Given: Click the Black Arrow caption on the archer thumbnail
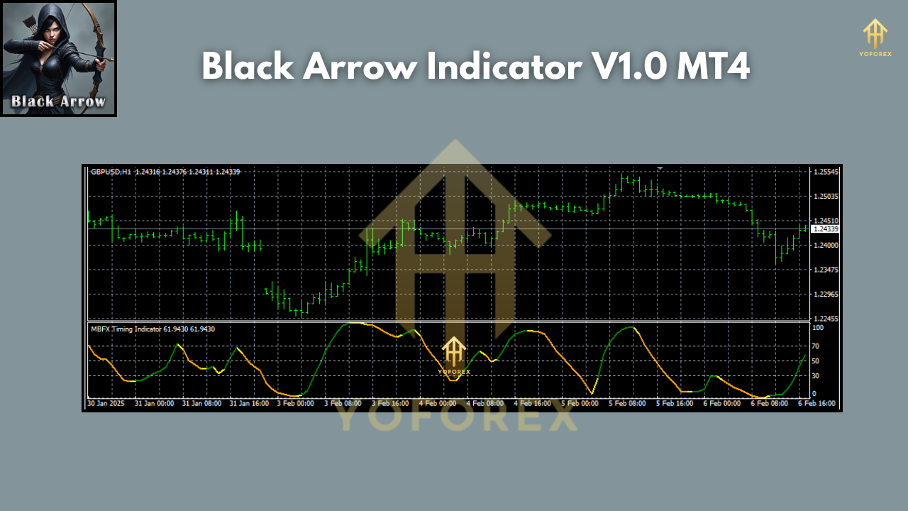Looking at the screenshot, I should (x=58, y=101).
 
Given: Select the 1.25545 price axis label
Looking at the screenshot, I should (x=826, y=172).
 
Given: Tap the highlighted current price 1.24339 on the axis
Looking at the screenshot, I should (x=826, y=229).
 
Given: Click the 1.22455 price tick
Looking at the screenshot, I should (x=826, y=319).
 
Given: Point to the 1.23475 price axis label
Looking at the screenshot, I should (x=826, y=270).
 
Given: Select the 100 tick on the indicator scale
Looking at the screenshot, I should (x=818, y=329).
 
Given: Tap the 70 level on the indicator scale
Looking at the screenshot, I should (x=816, y=346).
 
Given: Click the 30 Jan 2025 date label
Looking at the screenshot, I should (x=105, y=403).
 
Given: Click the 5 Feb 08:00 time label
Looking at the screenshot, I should (x=626, y=403).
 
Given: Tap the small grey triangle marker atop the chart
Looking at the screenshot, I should (x=660, y=168).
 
